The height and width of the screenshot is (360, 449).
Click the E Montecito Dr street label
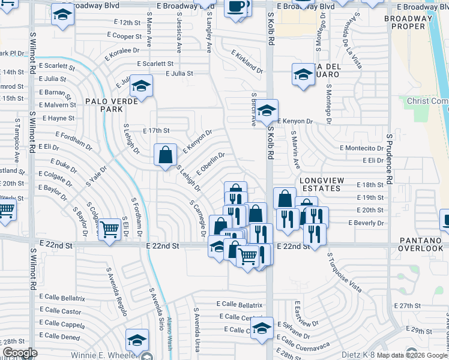(x=361, y=148)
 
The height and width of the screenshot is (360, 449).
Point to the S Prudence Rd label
(x=389, y=158)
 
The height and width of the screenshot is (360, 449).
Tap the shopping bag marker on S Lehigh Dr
(x=165, y=155)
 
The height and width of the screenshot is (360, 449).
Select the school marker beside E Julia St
(x=141, y=85)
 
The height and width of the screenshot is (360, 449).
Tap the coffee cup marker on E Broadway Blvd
(x=236, y=7)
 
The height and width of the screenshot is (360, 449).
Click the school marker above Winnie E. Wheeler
(x=137, y=340)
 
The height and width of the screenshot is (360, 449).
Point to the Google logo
(x=20, y=353)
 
